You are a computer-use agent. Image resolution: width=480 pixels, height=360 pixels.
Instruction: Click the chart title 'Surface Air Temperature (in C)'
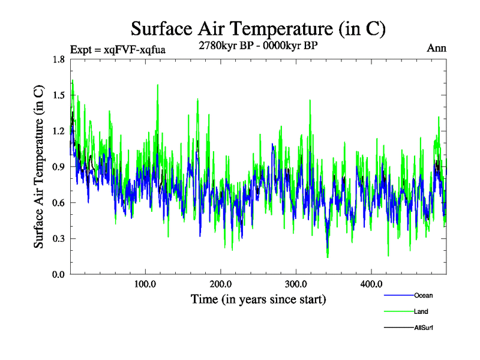point(258,29)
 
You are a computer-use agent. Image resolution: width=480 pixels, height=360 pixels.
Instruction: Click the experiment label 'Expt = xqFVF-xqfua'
point(118,49)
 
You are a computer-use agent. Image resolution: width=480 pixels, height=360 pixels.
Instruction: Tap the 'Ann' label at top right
point(436,49)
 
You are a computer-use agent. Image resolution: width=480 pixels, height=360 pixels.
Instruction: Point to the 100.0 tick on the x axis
point(145,284)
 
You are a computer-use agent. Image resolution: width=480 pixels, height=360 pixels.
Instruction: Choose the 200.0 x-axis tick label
point(221,284)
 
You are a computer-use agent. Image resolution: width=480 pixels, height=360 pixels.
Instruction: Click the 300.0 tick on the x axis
point(296,284)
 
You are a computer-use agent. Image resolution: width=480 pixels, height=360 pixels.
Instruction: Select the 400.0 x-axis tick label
point(371,284)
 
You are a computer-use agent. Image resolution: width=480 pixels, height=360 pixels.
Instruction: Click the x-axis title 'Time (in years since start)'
point(258,299)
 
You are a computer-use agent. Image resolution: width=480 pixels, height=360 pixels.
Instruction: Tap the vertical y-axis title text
point(38,167)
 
